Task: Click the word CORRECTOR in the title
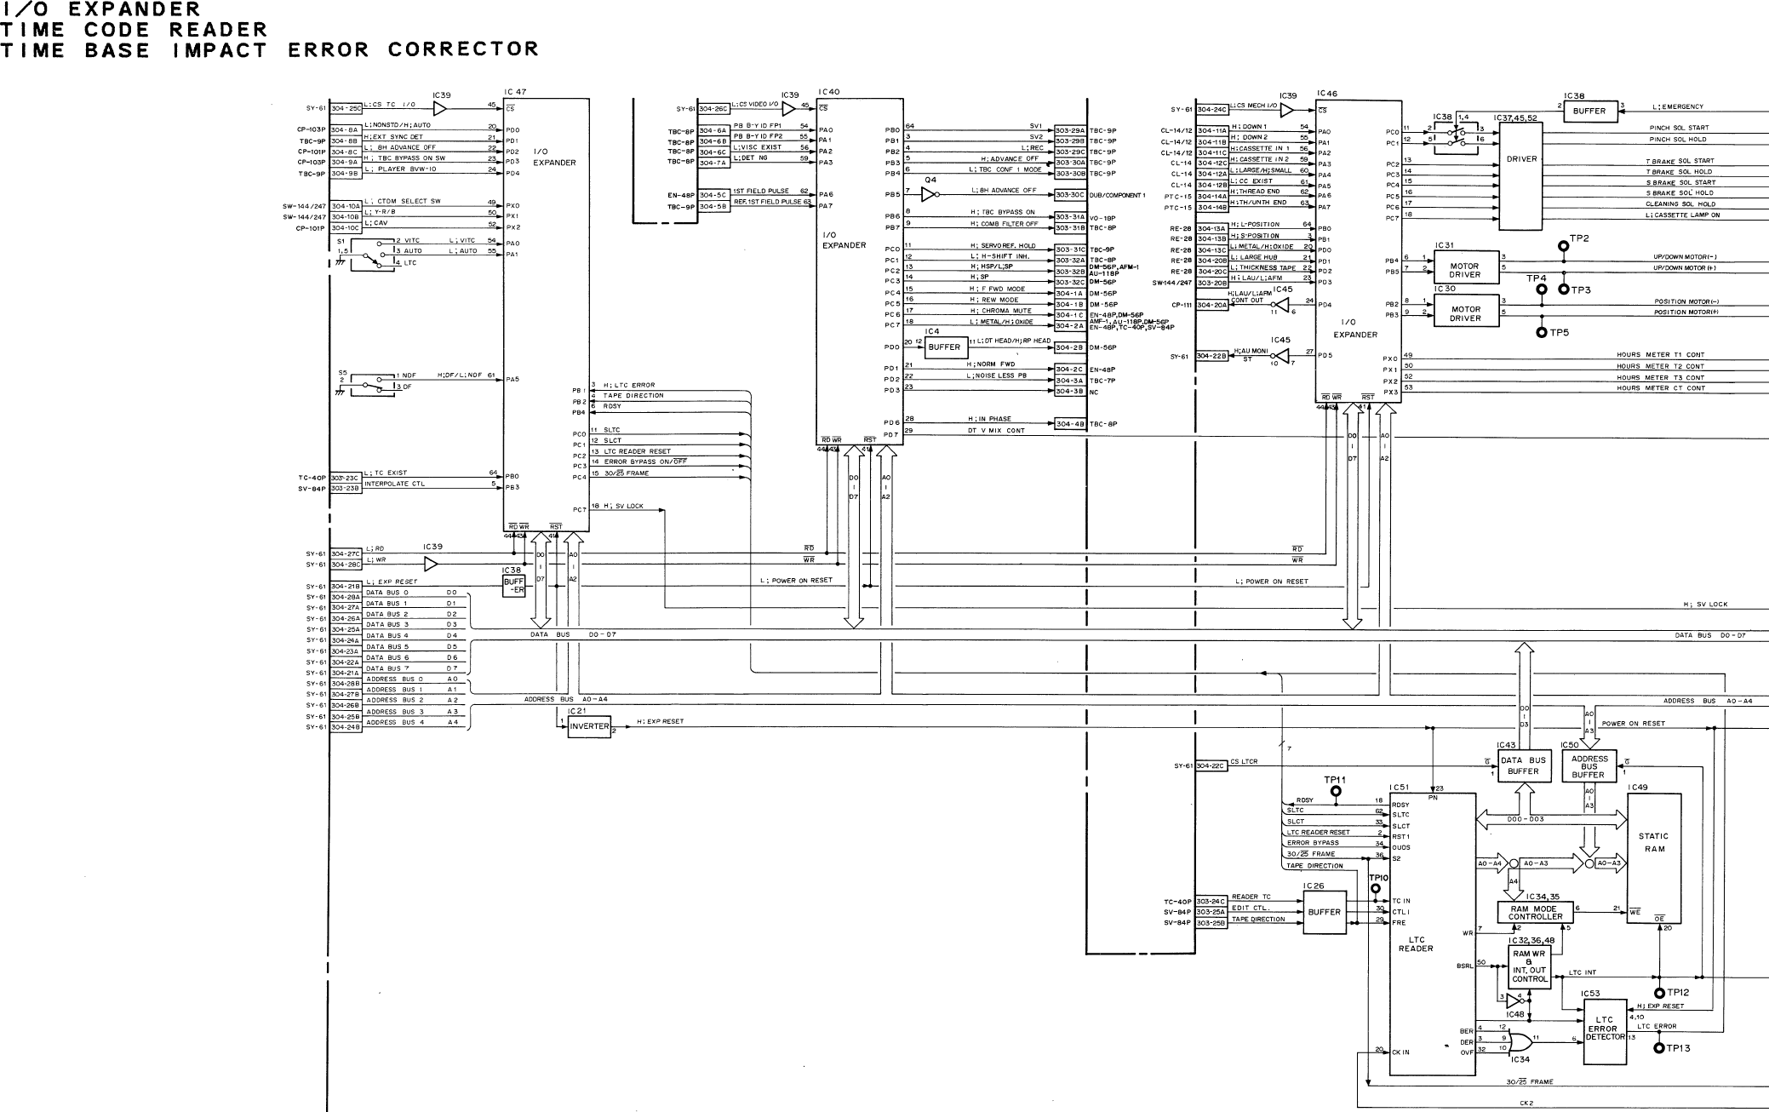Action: [463, 49]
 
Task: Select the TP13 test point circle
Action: [1658, 1048]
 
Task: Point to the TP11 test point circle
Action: [1335, 791]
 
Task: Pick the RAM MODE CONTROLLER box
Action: [1535, 913]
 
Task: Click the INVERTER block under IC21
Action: [589, 726]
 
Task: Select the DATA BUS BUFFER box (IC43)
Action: [1523, 765]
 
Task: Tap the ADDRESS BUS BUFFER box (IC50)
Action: [1589, 765]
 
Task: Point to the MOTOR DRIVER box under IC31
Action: [1465, 270]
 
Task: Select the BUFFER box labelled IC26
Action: [1324, 912]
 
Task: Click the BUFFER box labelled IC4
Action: [943, 347]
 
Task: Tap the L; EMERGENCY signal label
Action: [1677, 106]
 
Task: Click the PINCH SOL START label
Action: [1678, 128]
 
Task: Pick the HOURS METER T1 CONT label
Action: [1660, 355]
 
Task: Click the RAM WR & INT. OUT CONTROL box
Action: [1529, 966]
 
